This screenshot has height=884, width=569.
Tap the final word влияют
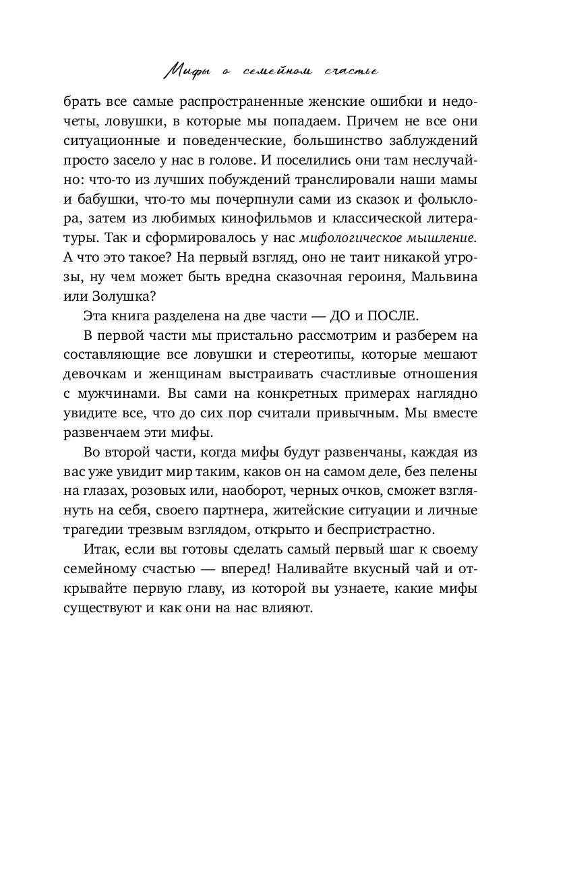click(x=289, y=608)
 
